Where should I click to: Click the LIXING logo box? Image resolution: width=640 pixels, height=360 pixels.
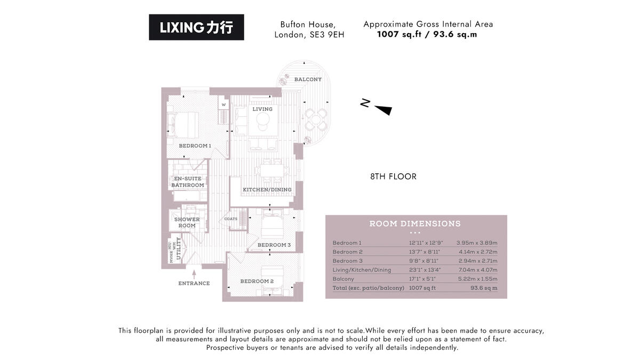[x=196, y=27]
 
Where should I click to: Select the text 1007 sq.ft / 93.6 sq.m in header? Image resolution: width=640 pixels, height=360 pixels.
[x=427, y=35]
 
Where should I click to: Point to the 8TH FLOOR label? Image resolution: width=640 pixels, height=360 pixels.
[x=393, y=177]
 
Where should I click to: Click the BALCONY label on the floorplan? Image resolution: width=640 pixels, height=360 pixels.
[x=308, y=79]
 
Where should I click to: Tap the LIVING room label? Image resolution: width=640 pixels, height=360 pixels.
[x=262, y=109]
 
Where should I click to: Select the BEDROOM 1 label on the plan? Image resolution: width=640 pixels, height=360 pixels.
[x=195, y=146]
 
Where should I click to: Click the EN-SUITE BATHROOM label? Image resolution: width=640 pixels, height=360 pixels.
[x=187, y=182]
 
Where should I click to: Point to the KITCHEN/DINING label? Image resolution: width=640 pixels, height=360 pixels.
[x=267, y=190]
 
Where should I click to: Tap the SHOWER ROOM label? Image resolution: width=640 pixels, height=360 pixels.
[x=187, y=222]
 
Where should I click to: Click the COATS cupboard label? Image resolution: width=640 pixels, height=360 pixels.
[x=231, y=219]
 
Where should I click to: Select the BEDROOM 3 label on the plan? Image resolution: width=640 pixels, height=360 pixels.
[x=274, y=245]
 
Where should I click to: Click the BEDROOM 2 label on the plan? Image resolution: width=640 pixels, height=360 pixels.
[x=257, y=282]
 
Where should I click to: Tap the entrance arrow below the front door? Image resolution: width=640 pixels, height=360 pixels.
[x=194, y=273]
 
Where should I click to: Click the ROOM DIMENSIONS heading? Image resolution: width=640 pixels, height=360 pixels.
[x=415, y=224]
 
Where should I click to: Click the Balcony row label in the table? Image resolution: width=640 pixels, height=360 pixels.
[x=343, y=279]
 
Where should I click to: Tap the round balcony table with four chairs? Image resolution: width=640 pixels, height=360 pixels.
[x=315, y=119]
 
